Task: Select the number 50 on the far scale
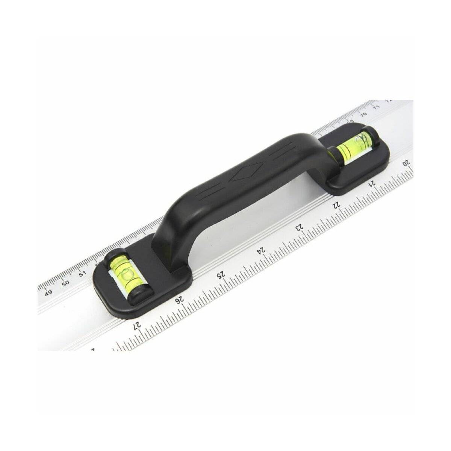(x=65, y=283)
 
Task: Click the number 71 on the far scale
(x=376, y=107)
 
